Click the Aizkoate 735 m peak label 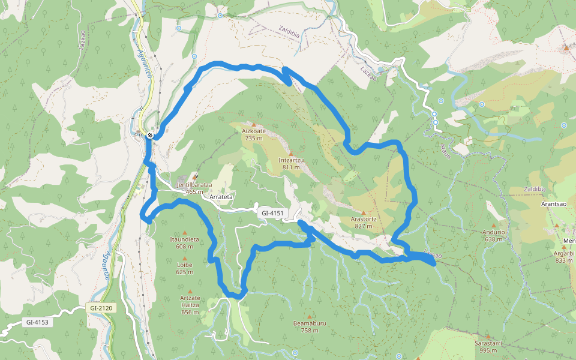[254, 134]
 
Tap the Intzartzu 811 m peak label [291, 163]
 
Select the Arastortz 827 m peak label [364, 223]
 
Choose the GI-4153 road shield [37, 322]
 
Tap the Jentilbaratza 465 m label [194, 188]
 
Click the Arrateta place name [221, 197]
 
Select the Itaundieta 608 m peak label [184, 242]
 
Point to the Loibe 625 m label [185, 268]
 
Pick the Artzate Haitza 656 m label [190, 305]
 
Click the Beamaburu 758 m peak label [310, 326]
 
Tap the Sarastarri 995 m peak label [487, 346]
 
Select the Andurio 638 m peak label [493, 235]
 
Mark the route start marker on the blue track [150, 136]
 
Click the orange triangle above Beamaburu [310, 317]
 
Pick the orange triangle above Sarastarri [488, 337]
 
